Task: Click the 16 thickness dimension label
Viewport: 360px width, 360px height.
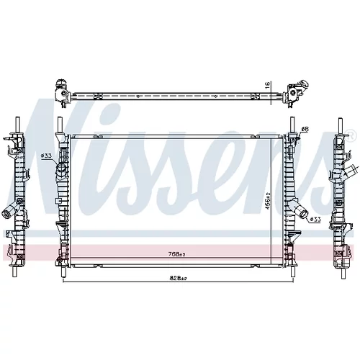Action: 268,86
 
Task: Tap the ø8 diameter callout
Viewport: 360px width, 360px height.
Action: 305,129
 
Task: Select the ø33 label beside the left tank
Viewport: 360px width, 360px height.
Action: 46,156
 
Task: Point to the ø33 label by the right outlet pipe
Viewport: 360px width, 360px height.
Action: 315,219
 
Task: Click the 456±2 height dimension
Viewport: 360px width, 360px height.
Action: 268,199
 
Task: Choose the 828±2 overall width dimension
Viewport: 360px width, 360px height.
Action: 178,278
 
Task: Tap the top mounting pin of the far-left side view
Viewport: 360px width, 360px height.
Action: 17,125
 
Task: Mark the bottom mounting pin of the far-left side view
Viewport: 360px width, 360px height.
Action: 14,272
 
